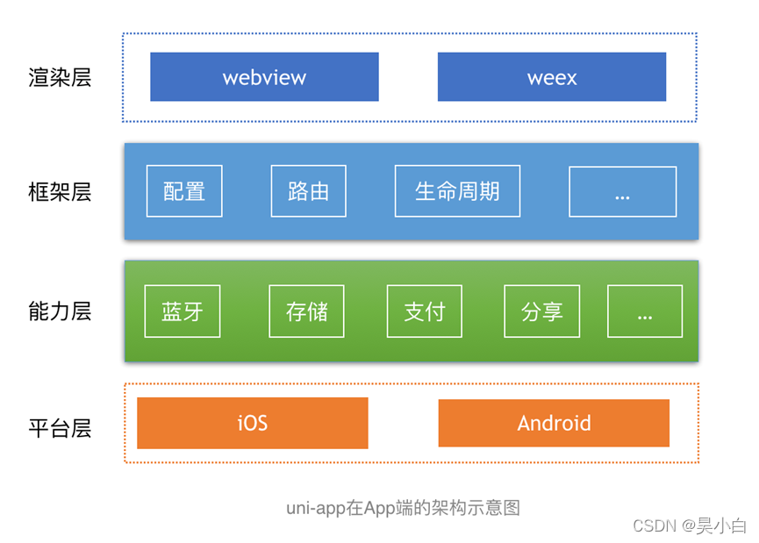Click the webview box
click(264, 77)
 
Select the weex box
click(552, 77)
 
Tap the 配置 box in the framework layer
click(184, 191)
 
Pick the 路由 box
click(308, 191)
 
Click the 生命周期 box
click(457, 191)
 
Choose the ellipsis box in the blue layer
click(622, 191)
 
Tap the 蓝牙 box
click(183, 311)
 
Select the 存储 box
click(306, 311)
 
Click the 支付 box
click(425, 311)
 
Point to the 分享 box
click(541, 311)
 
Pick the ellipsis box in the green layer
click(645, 311)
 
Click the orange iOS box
click(252, 423)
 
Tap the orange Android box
click(554, 423)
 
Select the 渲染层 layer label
click(60, 77)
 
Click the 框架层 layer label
click(60, 191)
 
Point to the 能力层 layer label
click(60, 311)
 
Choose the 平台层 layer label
click(60, 428)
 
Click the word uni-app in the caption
click(316, 509)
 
